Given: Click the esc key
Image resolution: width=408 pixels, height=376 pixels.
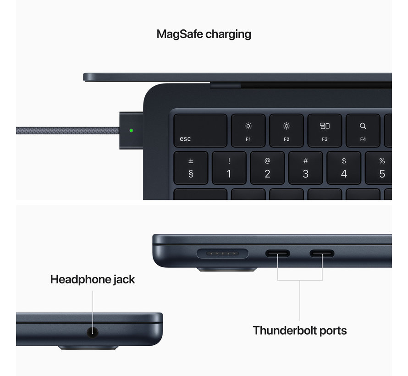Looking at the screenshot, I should pyautogui.click(x=200, y=131).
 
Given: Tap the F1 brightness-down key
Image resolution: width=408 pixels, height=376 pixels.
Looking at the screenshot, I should pyautogui.click(x=248, y=131).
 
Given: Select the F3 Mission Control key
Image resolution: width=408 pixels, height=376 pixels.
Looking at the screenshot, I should pyautogui.click(x=325, y=131).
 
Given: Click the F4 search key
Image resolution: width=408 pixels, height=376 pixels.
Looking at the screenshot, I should pyautogui.click(x=363, y=131).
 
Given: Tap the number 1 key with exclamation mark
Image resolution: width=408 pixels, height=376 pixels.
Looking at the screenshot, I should pyautogui.click(x=229, y=168).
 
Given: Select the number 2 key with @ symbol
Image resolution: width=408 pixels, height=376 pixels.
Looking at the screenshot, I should pyautogui.click(x=267, y=168).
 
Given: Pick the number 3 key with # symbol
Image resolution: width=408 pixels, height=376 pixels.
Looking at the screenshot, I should pyautogui.click(x=306, y=168).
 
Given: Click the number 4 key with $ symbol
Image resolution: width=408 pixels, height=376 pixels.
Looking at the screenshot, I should pyautogui.click(x=344, y=168).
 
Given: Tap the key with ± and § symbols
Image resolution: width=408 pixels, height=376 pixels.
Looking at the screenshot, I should pyautogui.click(x=191, y=168).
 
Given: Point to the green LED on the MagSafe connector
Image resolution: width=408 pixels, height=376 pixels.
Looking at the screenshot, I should pyautogui.click(x=132, y=130).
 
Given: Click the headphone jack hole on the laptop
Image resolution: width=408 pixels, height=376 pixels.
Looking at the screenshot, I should pyautogui.click(x=93, y=332).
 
